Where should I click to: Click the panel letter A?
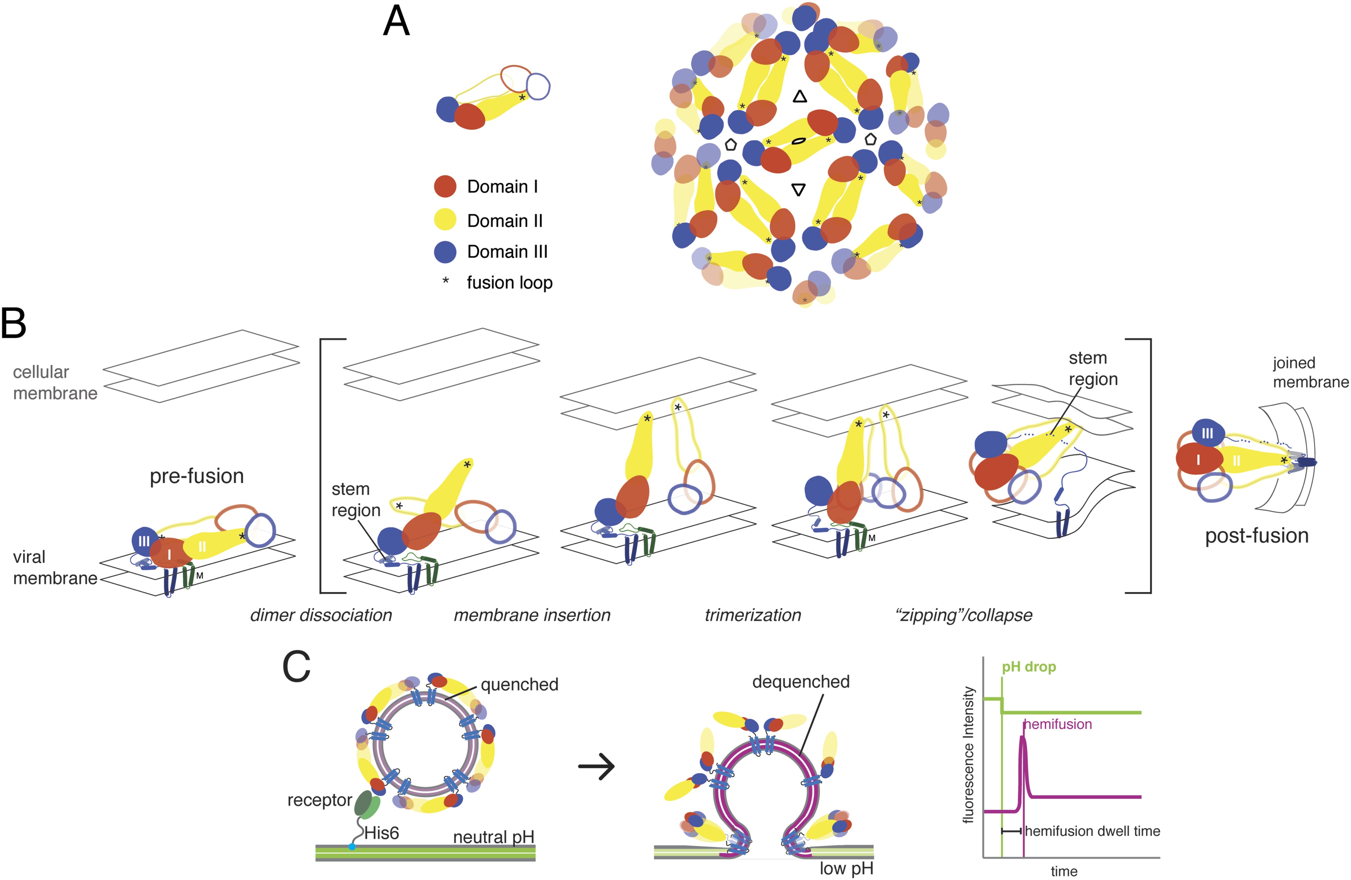point(396,23)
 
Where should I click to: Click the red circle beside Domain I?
point(445,186)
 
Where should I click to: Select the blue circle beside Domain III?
point(445,251)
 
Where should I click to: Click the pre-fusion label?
point(196,476)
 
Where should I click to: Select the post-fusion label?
point(1257,535)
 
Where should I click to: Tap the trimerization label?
point(753,615)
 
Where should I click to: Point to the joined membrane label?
point(1310,372)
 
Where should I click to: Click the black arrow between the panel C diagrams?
point(597,766)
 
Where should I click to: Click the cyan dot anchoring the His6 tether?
point(352,846)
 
